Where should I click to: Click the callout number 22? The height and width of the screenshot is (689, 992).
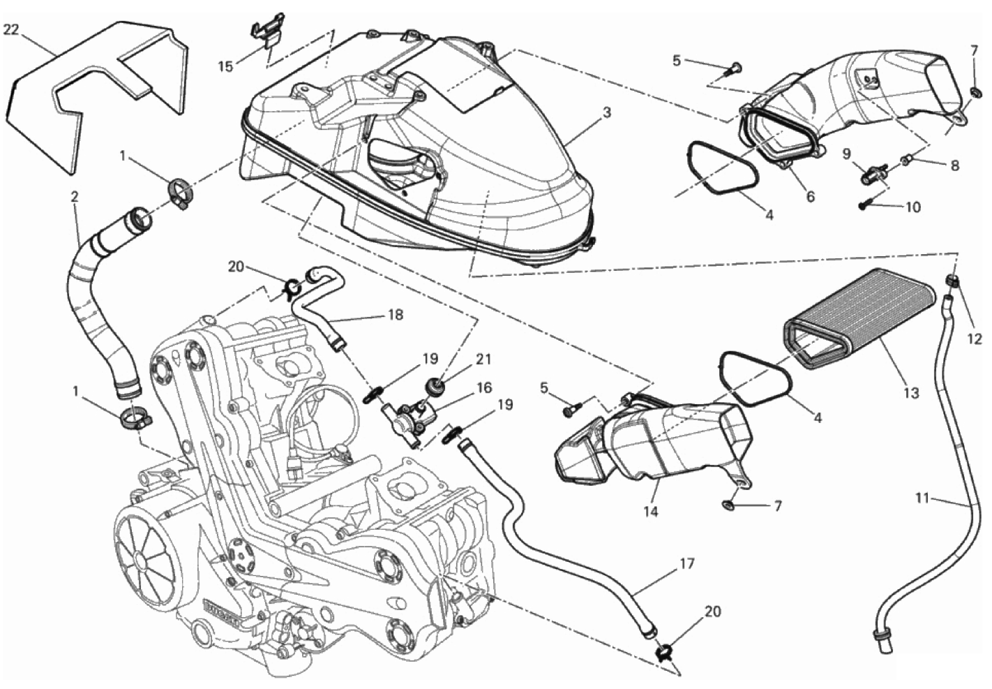pos(11,30)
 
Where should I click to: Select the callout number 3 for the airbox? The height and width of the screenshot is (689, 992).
pos(607,112)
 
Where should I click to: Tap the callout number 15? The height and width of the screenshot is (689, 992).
pos(225,67)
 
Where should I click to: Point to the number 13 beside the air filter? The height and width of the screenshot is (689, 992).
pos(911,392)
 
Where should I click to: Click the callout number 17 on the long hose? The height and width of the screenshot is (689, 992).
pos(686,564)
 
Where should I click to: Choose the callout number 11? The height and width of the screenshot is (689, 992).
pos(922,498)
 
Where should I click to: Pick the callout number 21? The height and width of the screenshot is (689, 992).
pos(483,360)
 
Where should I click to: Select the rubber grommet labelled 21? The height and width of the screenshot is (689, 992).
pos(435,385)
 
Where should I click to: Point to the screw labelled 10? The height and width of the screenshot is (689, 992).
pos(865,205)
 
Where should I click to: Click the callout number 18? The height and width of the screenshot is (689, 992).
pos(396,315)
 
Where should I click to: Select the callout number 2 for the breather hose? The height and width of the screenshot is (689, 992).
pos(75,196)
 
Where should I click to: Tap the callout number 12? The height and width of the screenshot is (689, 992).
pos(975,339)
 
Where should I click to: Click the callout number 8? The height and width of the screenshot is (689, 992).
pos(954,165)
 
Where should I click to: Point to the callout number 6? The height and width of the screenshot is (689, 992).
pos(811,196)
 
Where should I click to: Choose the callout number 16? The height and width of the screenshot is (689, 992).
pos(484,387)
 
